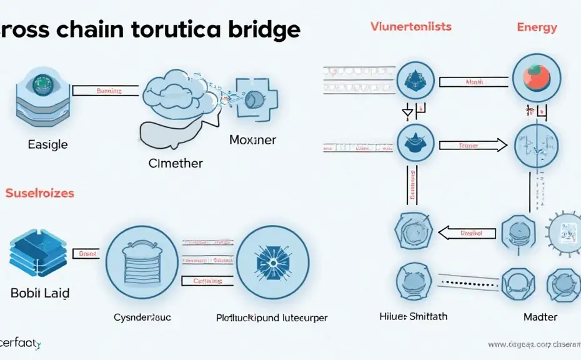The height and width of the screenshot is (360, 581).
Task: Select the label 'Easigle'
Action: click(x=47, y=144)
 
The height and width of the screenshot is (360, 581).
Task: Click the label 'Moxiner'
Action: click(x=252, y=140)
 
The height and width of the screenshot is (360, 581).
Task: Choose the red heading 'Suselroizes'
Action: click(x=40, y=193)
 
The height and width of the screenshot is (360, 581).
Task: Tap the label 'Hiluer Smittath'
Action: click(x=414, y=316)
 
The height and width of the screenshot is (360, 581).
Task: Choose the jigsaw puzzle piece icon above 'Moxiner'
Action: click(x=255, y=99)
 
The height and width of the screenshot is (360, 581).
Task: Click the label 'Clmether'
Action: click(x=175, y=164)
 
